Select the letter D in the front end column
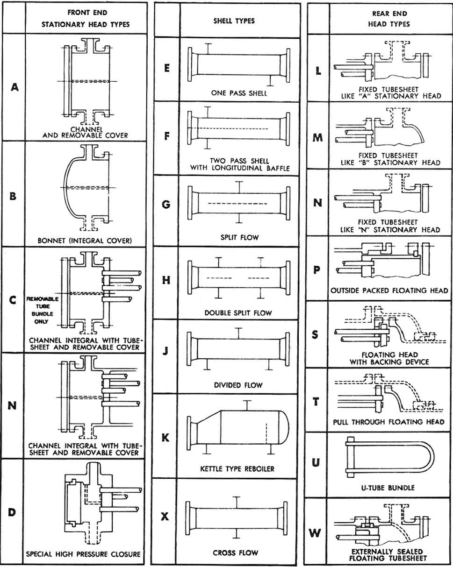[x=13, y=512]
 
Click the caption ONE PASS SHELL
[x=238, y=93]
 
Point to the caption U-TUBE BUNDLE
[x=388, y=488]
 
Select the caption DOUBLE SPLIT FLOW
[x=238, y=312]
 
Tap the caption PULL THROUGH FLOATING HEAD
[x=389, y=422]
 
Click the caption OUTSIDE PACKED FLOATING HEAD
[x=389, y=290]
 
